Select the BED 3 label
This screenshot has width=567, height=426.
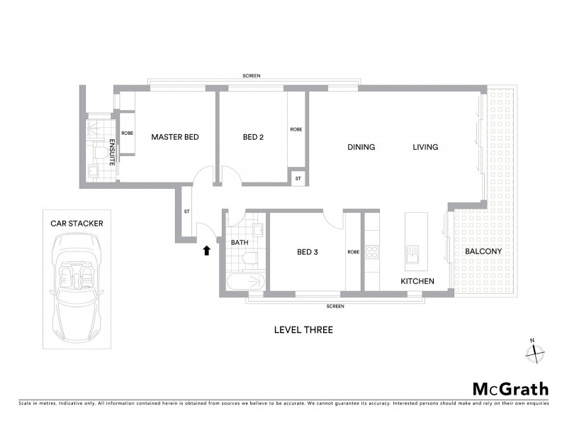point(309,251)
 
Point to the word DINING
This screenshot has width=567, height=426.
point(361,148)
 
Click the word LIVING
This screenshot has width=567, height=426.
point(426,148)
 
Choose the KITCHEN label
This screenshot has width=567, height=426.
point(417,282)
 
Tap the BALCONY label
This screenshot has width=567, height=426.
point(484,251)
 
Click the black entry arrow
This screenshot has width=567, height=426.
point(206,250)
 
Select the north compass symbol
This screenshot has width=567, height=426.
point(537,349)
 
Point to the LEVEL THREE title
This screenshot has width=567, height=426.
point(303,329)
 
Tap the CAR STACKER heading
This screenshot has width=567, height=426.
point(77,223)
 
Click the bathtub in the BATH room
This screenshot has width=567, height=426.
point(245,283)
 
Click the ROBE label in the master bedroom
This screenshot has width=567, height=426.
point(128,133)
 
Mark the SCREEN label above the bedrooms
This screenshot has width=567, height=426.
point(251,75)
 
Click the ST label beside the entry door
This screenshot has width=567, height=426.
point(186,211)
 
